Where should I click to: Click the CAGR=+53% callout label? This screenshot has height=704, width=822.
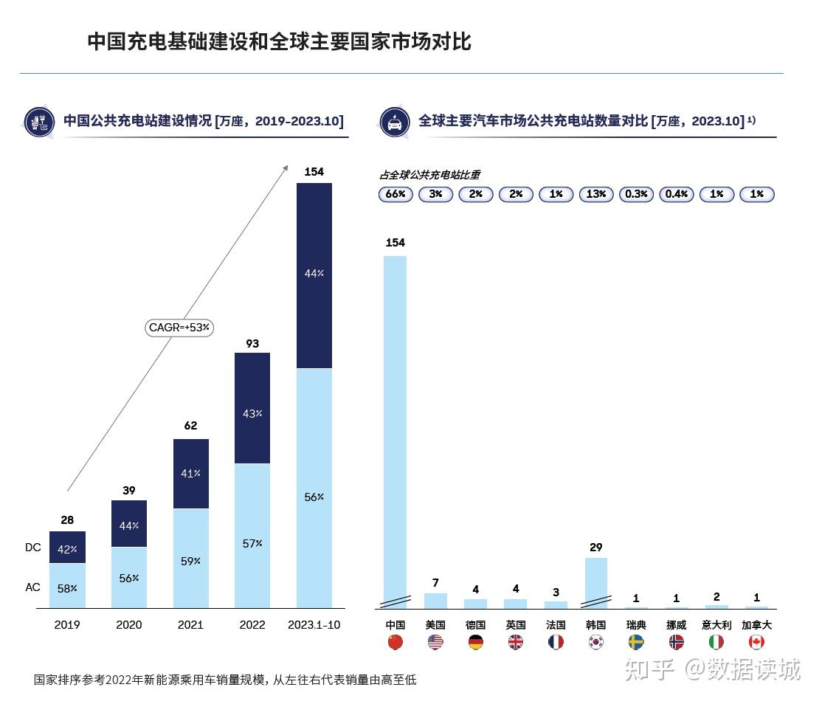click(x=179, y=327)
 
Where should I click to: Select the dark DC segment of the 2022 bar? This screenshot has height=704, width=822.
click(x=252, y=408)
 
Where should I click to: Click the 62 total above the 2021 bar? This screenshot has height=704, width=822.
click(x=190, y=426)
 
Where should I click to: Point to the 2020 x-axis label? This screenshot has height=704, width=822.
click(x=129, y=625)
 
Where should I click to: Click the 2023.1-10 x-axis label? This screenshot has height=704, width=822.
click(x=314, y=625)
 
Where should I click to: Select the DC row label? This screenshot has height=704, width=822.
click(x=33, y=548)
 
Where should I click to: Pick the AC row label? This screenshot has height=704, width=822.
click(x=33, y=587)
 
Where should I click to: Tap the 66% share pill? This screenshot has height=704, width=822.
click(x=396, y=195)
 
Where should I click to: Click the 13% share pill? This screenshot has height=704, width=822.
click(x=596, y=195)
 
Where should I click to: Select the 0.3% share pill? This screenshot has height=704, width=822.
click(x=636, y=195)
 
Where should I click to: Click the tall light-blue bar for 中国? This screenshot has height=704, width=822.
click(x=396, y=428)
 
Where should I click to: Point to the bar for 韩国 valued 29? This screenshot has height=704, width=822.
click(x=596, y=582)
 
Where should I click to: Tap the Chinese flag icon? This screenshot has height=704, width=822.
click(x=396, y=642)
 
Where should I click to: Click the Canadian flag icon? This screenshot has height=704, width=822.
click(x=756, y=642)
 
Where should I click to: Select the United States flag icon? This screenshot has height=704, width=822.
click(x=435, y=642)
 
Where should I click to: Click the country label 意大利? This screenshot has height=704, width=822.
click(x=716, y=625)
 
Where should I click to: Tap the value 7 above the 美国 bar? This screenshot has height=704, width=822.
click(x=435, y=583)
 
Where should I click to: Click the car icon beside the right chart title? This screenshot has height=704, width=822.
click(x=395, y=122)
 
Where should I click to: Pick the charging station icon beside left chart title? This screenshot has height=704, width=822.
click(x=40, y=122)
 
